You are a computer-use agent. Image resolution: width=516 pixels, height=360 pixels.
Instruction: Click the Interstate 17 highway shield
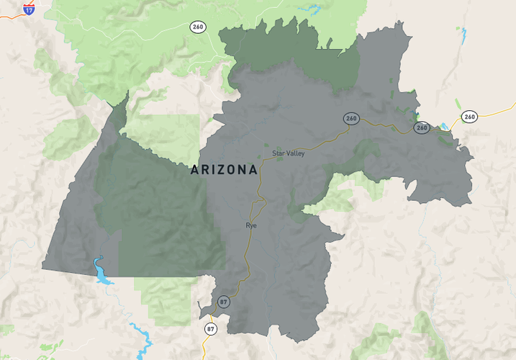point(28,9)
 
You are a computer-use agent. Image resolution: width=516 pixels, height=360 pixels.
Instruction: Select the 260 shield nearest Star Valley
point(351,118)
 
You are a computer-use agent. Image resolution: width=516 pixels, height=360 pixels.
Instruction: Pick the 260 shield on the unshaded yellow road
point(469,116)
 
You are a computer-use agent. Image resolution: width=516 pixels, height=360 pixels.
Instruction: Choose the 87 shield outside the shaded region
point(210,329)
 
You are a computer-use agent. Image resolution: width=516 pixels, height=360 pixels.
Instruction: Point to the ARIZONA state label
point(224,170)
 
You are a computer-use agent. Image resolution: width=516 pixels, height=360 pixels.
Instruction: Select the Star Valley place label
point(288,153)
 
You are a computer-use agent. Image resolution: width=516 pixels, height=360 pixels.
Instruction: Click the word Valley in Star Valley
point(295,153)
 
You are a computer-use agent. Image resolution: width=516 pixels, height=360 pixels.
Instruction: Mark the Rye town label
point(251,225)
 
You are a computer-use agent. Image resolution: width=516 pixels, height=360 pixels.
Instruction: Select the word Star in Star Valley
point(279,153)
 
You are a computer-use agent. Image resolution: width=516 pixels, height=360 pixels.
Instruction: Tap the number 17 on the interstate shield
point(28,10)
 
